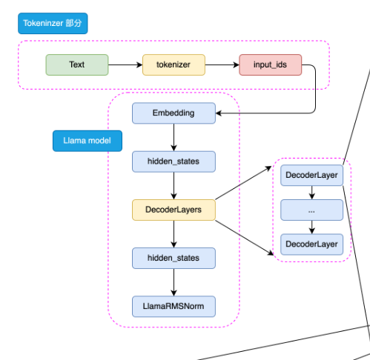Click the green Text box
(77, 64)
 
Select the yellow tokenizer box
(174, 64)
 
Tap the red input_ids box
(271, 64)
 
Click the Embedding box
(174, 113)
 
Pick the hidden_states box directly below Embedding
(174, 161)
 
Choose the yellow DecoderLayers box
(174, 210)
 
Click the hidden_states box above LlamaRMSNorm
(174, 258)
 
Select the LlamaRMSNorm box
(174, 307)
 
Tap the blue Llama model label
(87, 141)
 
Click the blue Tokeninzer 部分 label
(53, 23)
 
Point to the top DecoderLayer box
(312, 176)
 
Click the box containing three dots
(312, 210)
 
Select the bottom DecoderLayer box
(312, 244)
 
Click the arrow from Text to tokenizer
(125, 65)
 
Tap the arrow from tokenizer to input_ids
(222, 65)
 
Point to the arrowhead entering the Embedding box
(219, 113)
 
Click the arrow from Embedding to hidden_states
(174, 137)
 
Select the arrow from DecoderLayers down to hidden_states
(174, 234)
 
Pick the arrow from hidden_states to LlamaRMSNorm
(174, 282)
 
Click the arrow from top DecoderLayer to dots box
(312, 193)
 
